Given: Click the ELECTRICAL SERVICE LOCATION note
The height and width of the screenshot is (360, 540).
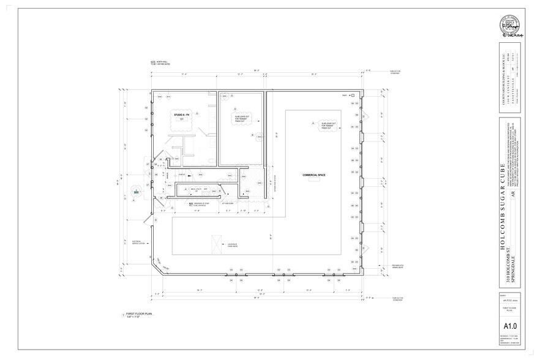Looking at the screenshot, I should [x=137, y=241].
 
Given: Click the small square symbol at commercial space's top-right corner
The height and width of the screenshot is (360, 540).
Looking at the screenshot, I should [x=353, y=96].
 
